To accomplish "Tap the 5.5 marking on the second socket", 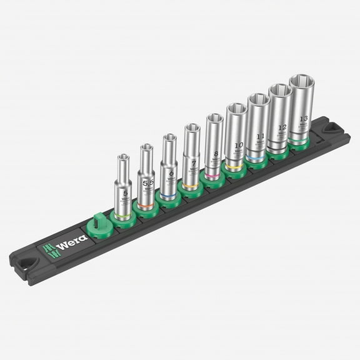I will coord(147,182).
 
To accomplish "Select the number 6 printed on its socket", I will coord(171,173).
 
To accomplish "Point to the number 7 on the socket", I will coord(193,163).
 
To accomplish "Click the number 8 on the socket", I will coord(215,154).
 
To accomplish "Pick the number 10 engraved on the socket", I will coord(237,145).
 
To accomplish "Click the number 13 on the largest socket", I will coord(304,117).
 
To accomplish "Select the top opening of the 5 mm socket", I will coord(123,158).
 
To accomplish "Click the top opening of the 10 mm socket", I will coord(236,108).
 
